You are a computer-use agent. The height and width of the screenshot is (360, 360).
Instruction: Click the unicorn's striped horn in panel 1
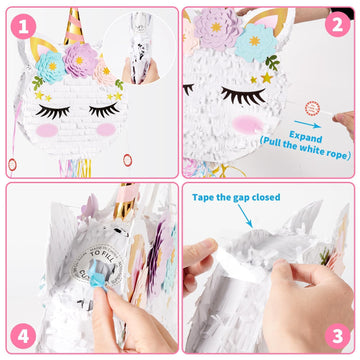73,26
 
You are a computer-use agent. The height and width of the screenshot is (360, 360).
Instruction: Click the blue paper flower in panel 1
49,68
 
